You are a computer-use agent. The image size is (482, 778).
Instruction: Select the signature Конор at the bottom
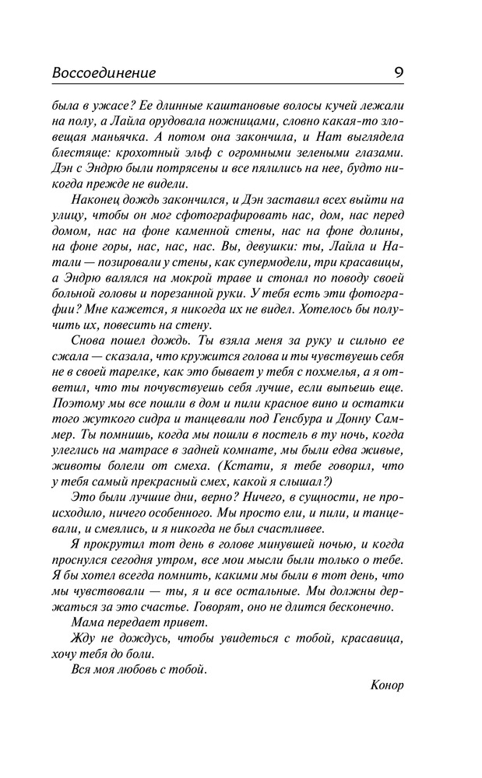pyautogui.click(x=388, y=685)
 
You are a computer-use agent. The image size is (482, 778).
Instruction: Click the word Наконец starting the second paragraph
pyautogui.click(x=94, y=201)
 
